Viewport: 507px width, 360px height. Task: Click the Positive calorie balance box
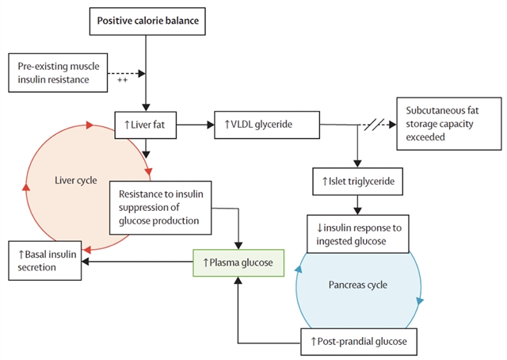(x=147, y=20)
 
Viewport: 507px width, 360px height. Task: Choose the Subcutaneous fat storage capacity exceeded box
(x=448, y=123)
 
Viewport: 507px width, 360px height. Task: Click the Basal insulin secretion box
(x=44, y=261)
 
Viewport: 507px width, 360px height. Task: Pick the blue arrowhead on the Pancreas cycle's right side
(x=419, y=301)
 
